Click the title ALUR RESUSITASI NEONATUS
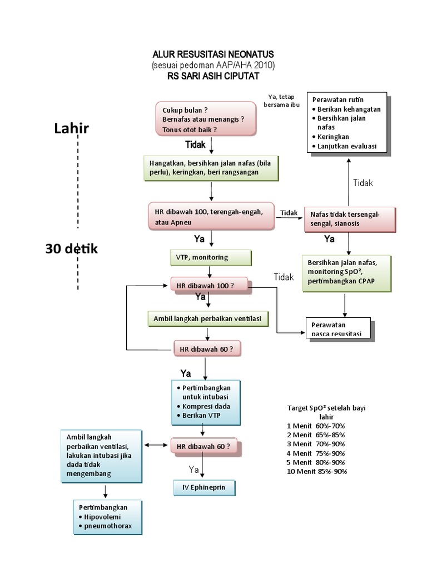tap(213, 54)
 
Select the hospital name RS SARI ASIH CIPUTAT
tap(213, 76)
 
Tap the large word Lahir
tap(71, 128)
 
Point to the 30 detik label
tap(71, 249)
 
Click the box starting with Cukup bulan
tap(206, 119)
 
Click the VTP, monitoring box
tap(210, 258)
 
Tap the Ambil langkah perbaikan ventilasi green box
tap(208, 318)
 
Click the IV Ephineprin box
tap(204, 487)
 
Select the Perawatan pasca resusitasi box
tap(337, 328)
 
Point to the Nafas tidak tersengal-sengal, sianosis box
tap(349, 218)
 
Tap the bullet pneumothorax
tap(108, 526)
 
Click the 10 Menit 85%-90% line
tap(317, 472)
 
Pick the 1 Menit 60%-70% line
tap(316, 426)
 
